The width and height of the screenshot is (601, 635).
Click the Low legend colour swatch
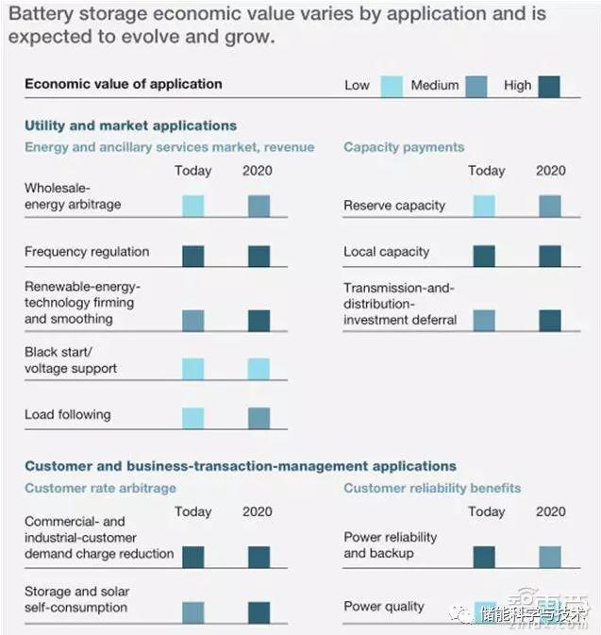pyautogui.click(x=392, y=87)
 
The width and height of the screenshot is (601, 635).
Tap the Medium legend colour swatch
pyautogui.click(x=476, y=87)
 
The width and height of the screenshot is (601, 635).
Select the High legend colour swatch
pyautogui.click(x=548, y=87)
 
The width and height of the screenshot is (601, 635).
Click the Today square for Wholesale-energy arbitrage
pyautogui.click(x=192, y=206)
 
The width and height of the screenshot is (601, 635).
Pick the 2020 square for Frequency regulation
pyautogui.click(x=259, y=256)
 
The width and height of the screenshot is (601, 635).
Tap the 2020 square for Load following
pyautogui.click(x=259, y=418)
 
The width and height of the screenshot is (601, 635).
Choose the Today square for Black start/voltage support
pyautogui.click(x=192, y=369)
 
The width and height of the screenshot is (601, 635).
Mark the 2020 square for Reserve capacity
pyautogui.click(x=550, y=206)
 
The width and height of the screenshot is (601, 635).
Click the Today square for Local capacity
pyautogui.click(x=484, y=256)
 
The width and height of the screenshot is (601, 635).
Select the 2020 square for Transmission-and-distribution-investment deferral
pyautogui.click(x=550, y=321)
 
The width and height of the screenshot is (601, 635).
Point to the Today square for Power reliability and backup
pyautogui.click(x=484, y=557)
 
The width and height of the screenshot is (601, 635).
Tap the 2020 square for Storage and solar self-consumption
pyautogui.click(x=259, y=612)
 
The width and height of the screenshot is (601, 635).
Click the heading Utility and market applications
pyautogui.click(x=131, y=125)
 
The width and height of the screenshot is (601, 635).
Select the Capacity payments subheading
pyautogui.click(x=404, y=147)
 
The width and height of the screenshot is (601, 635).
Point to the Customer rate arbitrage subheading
pyautogui.click(x=100, y=488)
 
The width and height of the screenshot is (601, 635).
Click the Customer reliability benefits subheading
pyautogui.click(x=432, y=488)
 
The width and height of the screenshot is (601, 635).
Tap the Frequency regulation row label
pyautogui.click(x=87, y=252)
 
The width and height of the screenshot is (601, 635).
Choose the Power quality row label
pyautogui.click(x=384, y=607)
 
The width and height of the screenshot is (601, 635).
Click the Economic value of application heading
pyautogui.click(x=124, y=84)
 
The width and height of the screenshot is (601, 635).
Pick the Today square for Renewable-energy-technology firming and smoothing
pyautogui.click(x=192, y=321)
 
